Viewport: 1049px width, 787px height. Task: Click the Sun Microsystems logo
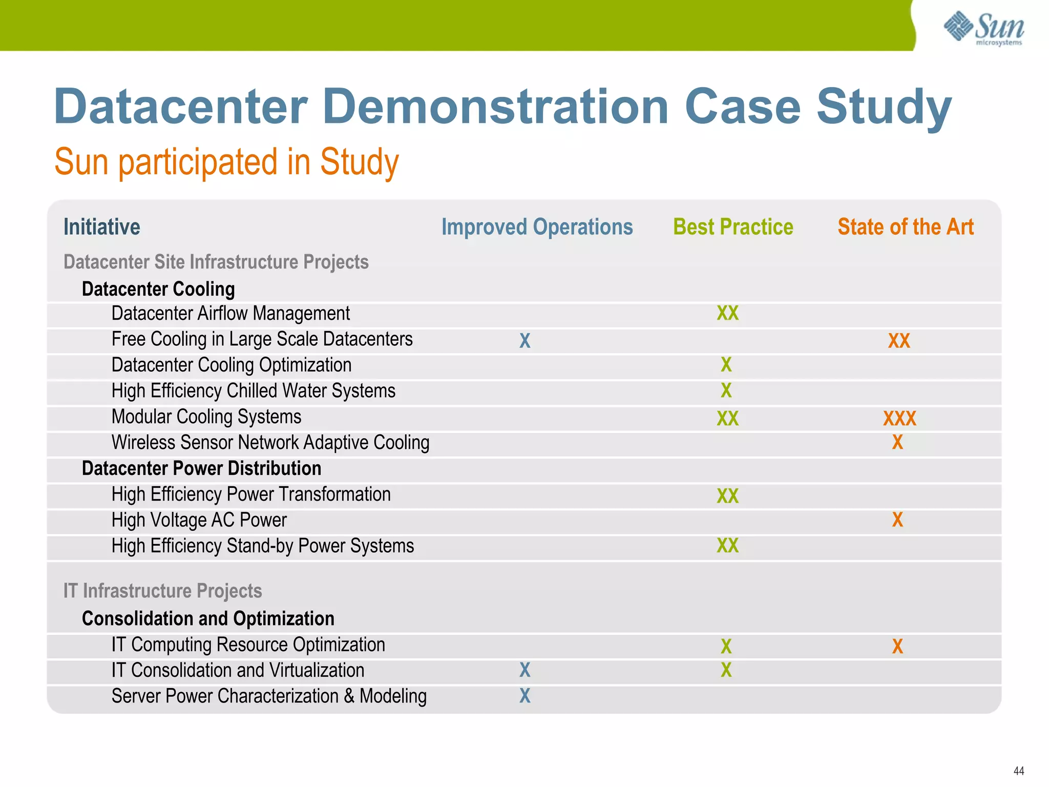click(983, 28)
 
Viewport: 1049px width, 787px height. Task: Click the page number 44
click(1018, 771)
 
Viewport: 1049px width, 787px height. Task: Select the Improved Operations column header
click(537, 227)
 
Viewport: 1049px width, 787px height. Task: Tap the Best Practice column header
click(733, 227)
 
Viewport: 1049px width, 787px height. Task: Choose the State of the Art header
click(905, 227)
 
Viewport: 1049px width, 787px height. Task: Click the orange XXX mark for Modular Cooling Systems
click(899, 419)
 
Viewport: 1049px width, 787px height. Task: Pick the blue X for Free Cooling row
click(525, 341)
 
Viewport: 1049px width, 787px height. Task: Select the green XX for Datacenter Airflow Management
click(727, 313)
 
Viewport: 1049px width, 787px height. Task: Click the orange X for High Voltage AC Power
click(897, 520)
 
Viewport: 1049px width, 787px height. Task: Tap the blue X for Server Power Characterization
click(525, 696)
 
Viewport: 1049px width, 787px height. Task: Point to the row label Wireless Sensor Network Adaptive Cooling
click(270, 443)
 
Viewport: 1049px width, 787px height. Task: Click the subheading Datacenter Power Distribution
click(201, 468)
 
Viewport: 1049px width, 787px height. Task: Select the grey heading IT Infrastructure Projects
click(162, 591)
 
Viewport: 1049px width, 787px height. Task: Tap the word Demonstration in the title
click(495, 107)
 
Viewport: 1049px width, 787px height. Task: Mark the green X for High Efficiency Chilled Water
click(726, 390)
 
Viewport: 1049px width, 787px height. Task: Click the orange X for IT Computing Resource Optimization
click(897, 646)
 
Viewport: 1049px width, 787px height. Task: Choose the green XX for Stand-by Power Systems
click(727, 546)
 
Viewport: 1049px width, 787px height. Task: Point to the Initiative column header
click(101, 227)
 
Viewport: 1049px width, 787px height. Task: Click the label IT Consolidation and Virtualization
click(238, 670)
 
